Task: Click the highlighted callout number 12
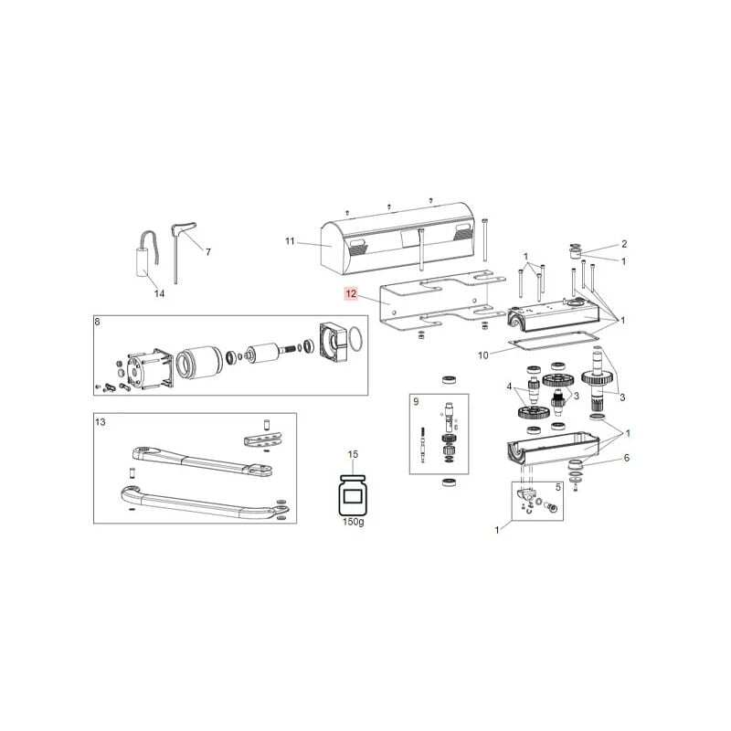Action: pos(350,294)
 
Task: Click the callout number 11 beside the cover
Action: pos(291,242)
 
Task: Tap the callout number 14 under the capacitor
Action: pos(159,293)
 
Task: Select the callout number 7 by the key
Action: pos(207,251)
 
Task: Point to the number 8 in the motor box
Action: pos(98,321)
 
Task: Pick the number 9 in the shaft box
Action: pos(415,402)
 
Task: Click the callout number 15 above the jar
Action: pos(354,454)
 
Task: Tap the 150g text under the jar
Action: pos(353,522)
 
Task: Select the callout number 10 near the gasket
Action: pos(485,354)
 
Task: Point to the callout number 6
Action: pos(626,458)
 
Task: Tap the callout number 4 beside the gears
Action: pos(511,387)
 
